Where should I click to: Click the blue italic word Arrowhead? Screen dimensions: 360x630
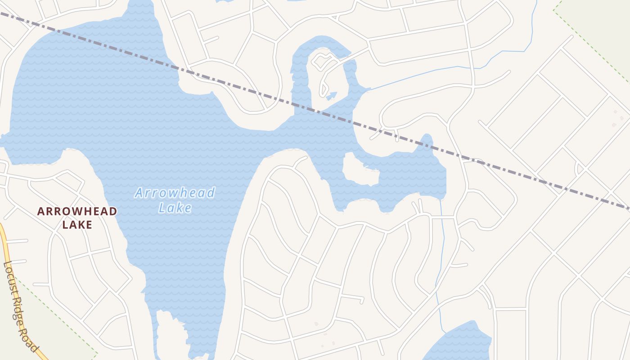tap(175, 193)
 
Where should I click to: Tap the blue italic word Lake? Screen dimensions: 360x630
tap(175, 208)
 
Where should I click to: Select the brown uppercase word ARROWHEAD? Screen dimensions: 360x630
tap(77, 211)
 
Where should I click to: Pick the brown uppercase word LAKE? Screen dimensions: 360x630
tap(77, 225)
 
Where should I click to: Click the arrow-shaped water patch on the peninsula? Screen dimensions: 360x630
tap(332, 95)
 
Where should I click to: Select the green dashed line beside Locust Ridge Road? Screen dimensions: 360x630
tap(58, 315)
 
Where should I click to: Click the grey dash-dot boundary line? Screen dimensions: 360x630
tap(270, 95)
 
